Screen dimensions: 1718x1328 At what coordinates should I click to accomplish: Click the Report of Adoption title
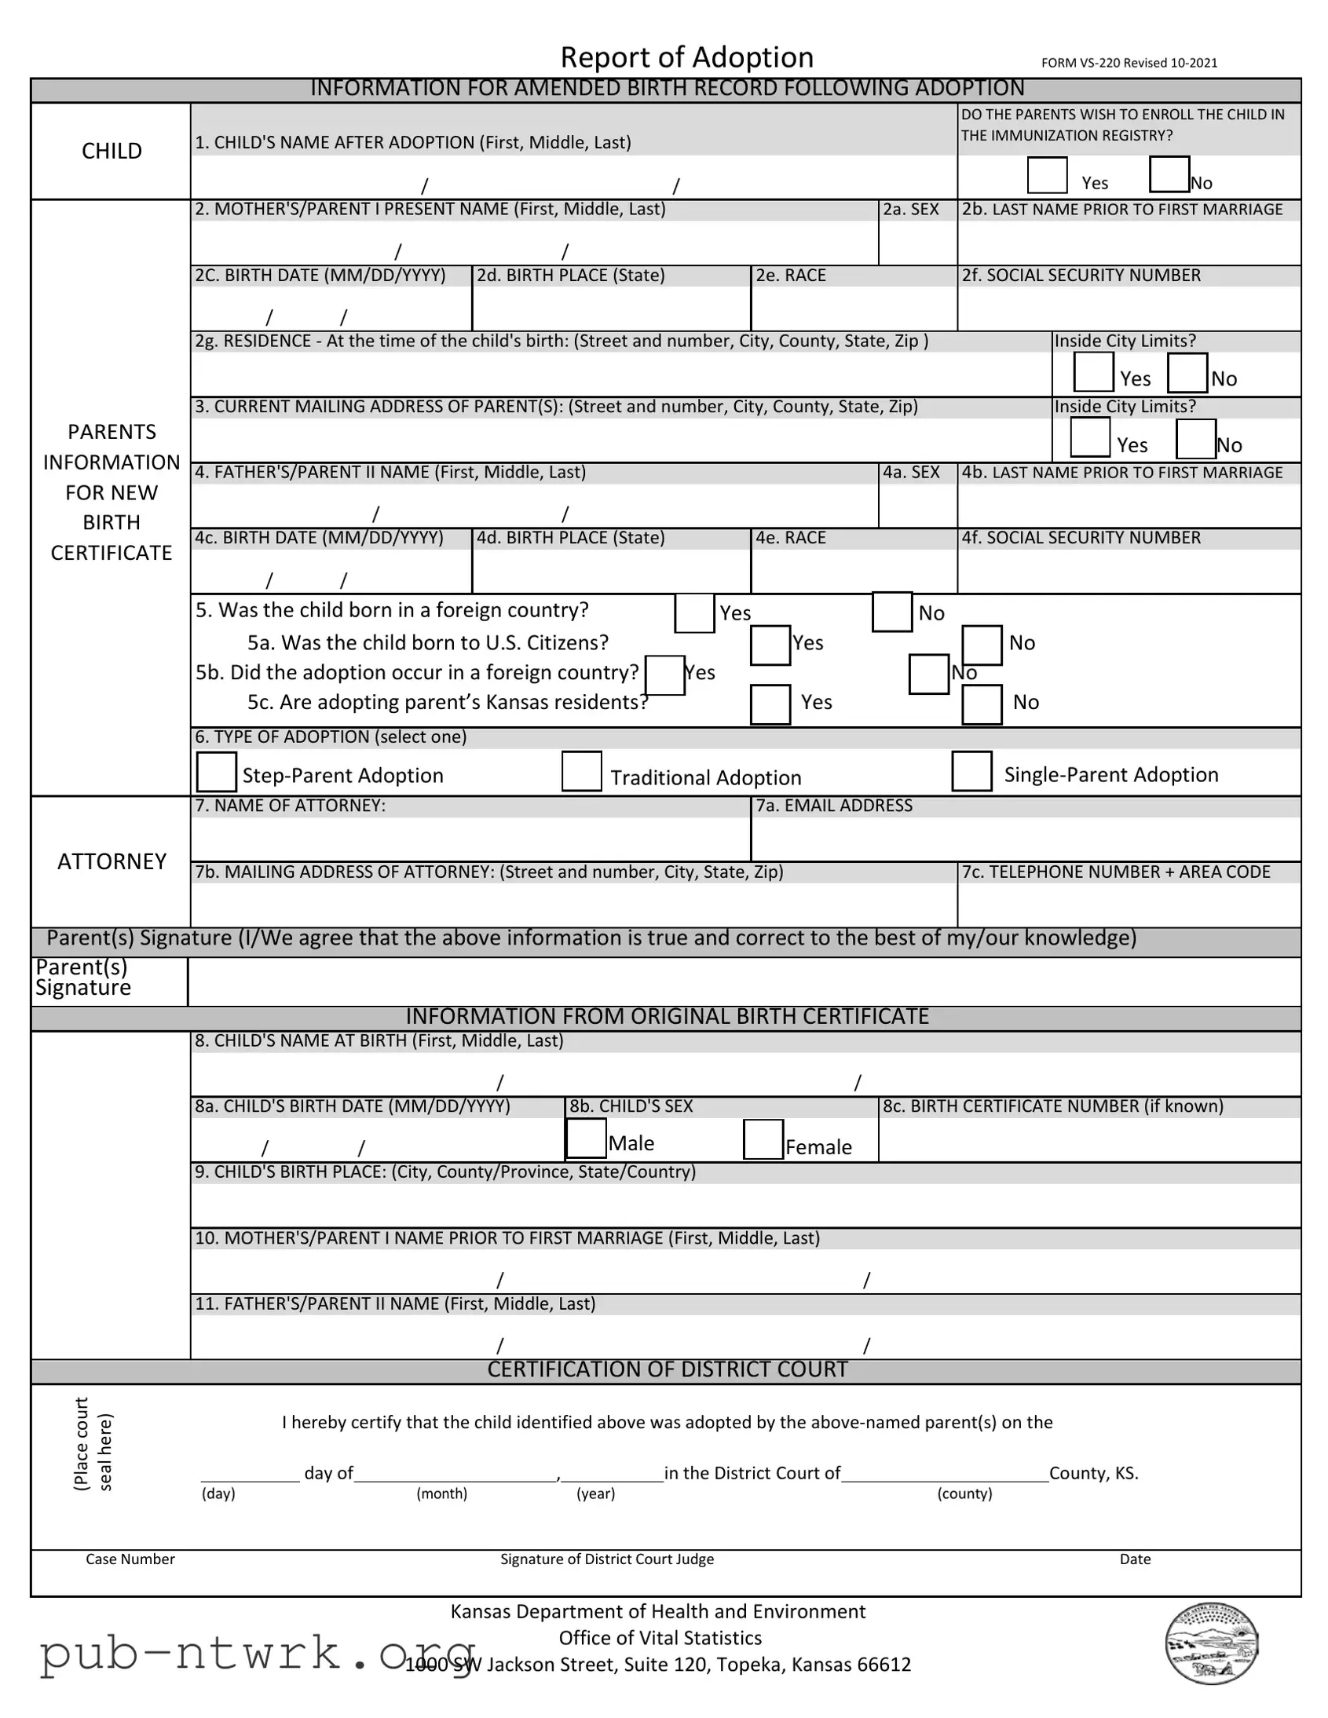click(686, 57)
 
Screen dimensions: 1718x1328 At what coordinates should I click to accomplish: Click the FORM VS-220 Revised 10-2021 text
click(1129, 63)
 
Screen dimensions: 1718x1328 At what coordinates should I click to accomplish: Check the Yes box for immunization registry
click(1046, 174)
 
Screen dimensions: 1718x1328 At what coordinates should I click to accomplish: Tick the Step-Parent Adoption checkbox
click(216, 772)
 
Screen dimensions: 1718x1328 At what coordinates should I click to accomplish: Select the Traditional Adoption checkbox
click(581, 771)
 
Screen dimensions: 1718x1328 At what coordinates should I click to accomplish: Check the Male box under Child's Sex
click(586, 1139)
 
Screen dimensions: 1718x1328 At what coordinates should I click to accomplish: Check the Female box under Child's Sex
click(763, 1139)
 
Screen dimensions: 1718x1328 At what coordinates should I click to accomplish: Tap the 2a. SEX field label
click(910, 209)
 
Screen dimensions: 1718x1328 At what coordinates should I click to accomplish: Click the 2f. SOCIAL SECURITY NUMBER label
click(1081, 276)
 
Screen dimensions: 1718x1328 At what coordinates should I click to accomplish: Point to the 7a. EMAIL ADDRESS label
click(834, 806)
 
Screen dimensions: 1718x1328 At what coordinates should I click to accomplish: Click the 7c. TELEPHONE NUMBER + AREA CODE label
click(1116, 872)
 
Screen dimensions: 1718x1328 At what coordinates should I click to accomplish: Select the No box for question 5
click(891, 612)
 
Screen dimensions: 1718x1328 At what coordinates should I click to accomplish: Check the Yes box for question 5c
click(770, 704)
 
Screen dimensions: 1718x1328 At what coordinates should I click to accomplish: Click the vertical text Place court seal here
click(93, 1443)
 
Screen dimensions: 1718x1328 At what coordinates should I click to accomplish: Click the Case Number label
click(130, 1559)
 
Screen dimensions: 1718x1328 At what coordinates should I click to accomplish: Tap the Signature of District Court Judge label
click(606, 1559)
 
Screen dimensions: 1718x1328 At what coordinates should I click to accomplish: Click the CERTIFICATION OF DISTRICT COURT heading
click(667, 1369)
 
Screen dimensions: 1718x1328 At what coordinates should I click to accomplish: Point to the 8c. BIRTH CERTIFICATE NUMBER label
click(1052, 1106)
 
